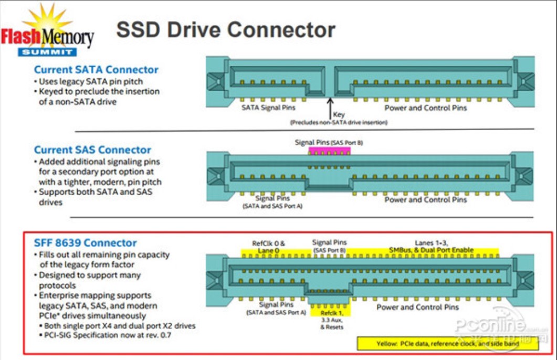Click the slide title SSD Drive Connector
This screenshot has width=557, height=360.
point(225,30)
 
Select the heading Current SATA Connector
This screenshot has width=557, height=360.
point(96,70)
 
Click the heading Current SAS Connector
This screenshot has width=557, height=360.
point(92,150)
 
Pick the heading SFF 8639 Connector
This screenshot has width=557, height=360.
point(85,243)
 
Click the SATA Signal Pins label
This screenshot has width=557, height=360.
point(268,108)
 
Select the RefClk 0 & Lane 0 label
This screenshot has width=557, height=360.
point(268,247)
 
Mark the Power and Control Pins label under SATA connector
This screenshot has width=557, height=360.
point(425,108)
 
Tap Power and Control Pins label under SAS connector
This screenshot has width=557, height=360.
point(425,199)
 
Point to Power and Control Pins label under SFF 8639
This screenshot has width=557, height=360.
point(417,307)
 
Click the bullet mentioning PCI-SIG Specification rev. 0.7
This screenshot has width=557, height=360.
point(108,335)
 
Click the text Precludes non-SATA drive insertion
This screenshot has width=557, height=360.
point(339,122)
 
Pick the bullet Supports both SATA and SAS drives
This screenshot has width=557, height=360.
point(97,197)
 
